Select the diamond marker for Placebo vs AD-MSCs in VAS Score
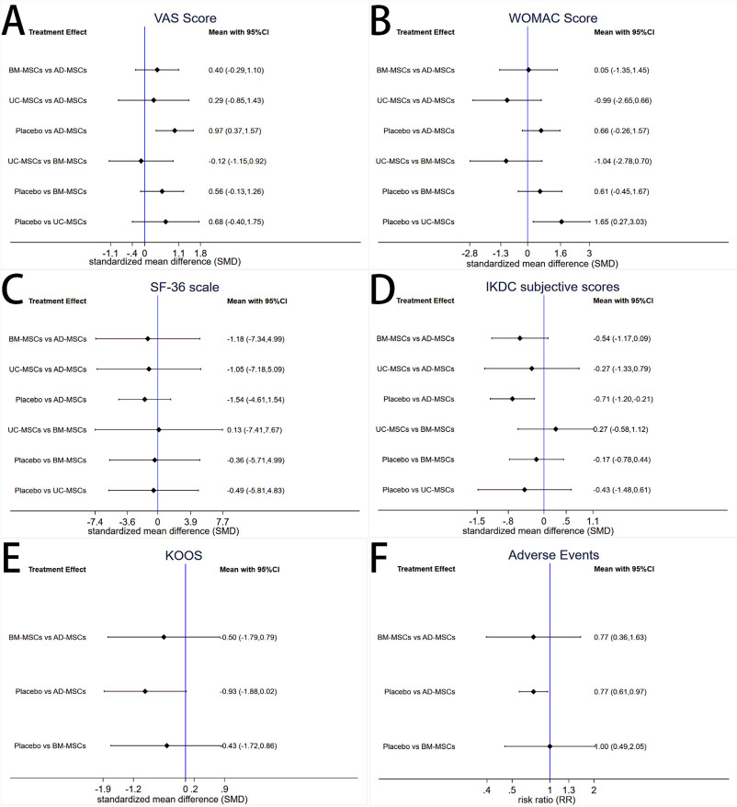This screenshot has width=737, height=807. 175,131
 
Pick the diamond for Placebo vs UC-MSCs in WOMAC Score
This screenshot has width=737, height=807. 561,222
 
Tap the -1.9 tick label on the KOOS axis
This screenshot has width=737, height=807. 104,789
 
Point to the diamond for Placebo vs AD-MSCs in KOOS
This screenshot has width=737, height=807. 144,691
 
